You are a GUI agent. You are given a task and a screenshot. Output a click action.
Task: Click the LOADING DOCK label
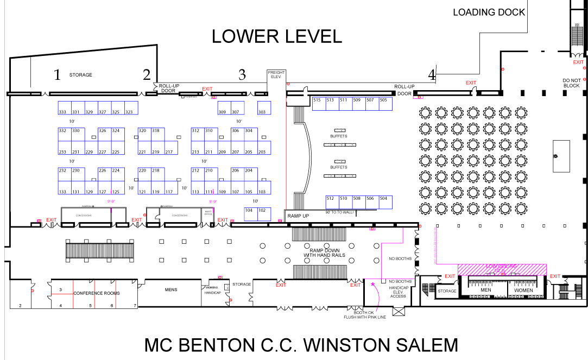pyautogui.click(x=489, y=12)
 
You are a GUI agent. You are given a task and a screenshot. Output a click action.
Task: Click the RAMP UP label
pyautogui.click(x=298, y=216)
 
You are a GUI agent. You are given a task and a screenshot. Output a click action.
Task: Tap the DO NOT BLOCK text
pyautogui.click(x=571, y=83)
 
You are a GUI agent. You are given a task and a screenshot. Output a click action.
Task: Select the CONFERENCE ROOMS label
pyautogui.click(x=97, y=293)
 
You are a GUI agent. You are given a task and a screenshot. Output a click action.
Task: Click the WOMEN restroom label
pyautogui.click(x=523, y=290)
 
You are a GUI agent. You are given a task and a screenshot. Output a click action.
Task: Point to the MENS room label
pyautogui.click(x=171, y=290)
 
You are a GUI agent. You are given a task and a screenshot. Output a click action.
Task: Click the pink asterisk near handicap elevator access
pyautogui.click(x=372, y=284)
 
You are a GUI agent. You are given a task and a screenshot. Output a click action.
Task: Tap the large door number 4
pyautogui.click(x=432, y=74)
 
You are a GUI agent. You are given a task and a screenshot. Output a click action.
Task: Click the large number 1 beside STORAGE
pyautogui.click(x=56, y=75)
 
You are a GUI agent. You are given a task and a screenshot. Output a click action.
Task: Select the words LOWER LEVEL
pyautogui.click(x=277, y=36)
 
